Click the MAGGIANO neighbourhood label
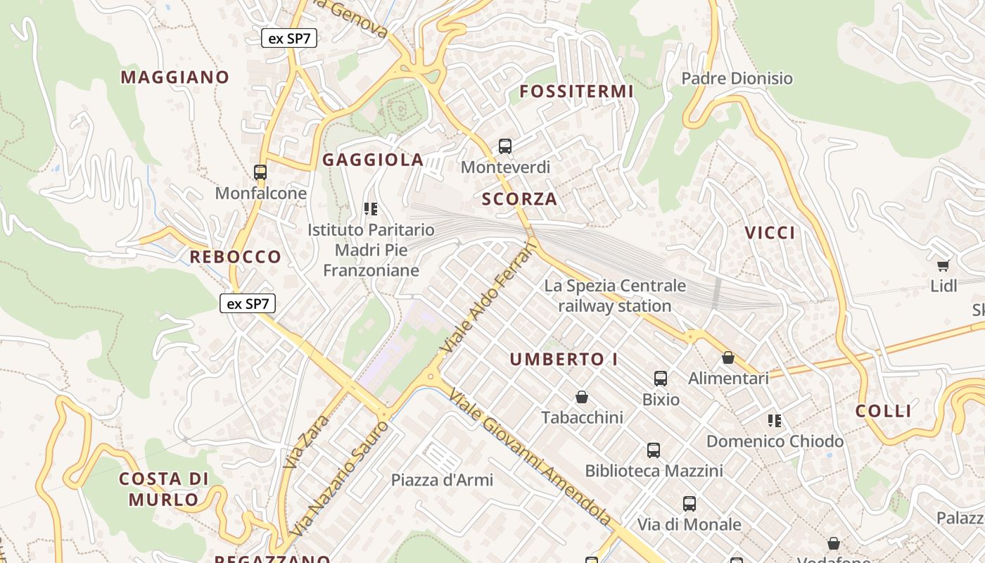pyautogui.click(x=175, y=77)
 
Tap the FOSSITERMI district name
pyautogui.click(x=576, y=91)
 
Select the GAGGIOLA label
pyautogui.click(x=373, y=160)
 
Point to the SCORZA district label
pyautogui.click(x=519, y=199)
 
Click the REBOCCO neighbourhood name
pyautogui.click(x=235, y=257)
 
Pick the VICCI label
pyautogui.click(x=770, y=233)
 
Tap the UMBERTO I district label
pyautogui.click(x=564, y=360)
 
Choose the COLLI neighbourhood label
pyautogui.click(x=883, y=412)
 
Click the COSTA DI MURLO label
pyautogui.click(x=163, y=489)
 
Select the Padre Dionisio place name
pyautogui.click(x=737, y=78)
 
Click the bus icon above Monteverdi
pyautogui.click(x=504, y=146)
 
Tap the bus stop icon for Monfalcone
pyautogui.click(x=260, y=172)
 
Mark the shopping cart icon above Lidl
pyautogui.click(x=943, y=265)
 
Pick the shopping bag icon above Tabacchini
pyautogui.click(x=582, y=398)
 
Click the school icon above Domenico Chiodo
pyautogui.click(x=775, y=421)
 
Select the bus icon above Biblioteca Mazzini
pyautogui.click(x=654, y=450)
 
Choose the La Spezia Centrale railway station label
pyautogui.click(x=614, y=296)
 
